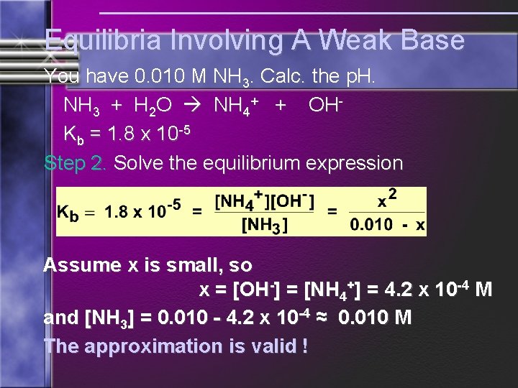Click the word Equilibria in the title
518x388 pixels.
[102, 40]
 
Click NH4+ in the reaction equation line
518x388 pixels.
[237, 106]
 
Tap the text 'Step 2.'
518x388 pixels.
[76, 162]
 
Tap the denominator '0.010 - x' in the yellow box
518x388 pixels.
[387, 225]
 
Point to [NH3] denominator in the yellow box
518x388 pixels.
[264, 226]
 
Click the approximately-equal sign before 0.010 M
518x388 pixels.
[323, 317]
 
